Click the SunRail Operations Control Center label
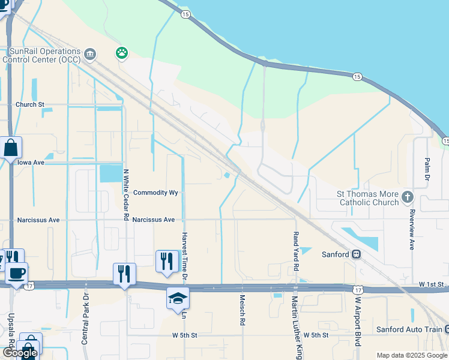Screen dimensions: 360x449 tap(42, 55)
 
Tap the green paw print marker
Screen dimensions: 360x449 tap(122, 53)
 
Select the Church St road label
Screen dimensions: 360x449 tap(30, 104)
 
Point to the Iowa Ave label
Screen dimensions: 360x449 tap(31, 162)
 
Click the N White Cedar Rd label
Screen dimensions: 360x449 tap(126, 194)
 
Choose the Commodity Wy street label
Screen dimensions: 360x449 tap(156, 193)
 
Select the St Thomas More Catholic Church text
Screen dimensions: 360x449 tap(367, 198)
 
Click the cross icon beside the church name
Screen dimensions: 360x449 tap(407, 197)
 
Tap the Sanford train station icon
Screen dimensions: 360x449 tap(356, 254)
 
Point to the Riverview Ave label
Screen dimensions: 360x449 tap(412, 229)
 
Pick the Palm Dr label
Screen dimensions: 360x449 tap(427, 170)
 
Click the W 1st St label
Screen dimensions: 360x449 tap(430, 283)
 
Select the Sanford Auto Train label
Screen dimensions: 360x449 tap(409, 329)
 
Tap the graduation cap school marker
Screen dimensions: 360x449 tap(178, 298)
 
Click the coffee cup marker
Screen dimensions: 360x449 tap(16, 273)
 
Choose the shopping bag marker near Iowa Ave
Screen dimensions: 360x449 tap(11, 148)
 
